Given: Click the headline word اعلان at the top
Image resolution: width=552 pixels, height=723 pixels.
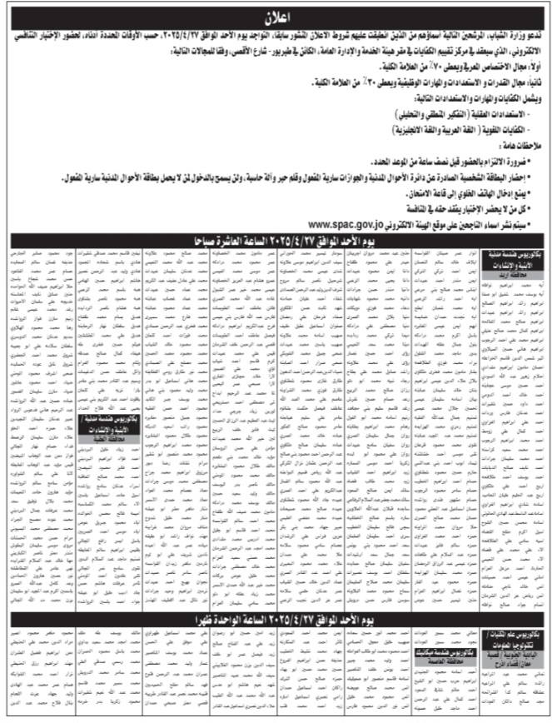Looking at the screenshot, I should click(276, 14).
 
